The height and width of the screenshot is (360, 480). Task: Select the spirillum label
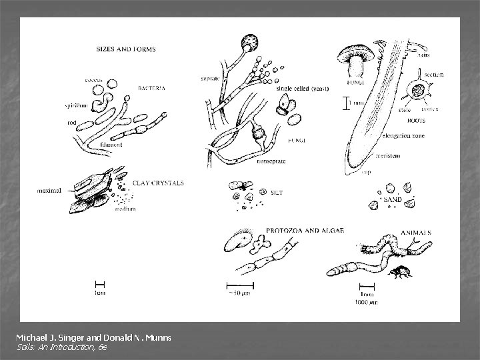pyautogui.click(x=77, y=106)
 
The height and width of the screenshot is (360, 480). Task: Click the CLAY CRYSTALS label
pyautogui.click(x=159, y=182)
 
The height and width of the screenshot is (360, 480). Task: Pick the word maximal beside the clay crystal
pyautogui.click(x=49, y=190)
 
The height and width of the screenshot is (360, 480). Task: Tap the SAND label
pyautogui.click(x=393, y=199)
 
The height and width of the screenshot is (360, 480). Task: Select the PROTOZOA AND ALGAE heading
pyautogui.click(x=305, y=230)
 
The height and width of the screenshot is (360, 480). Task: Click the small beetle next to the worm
pyautogui.click(x=401, y=270)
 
